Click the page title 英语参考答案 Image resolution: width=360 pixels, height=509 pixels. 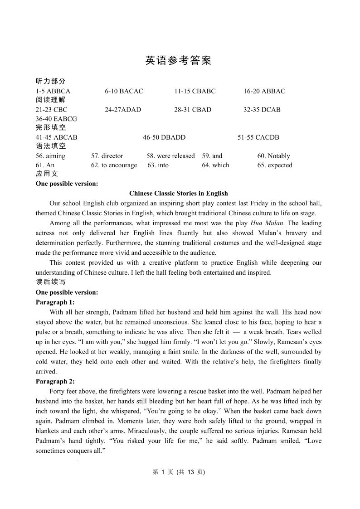click(178, 61)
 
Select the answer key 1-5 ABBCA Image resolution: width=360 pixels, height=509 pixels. click(53, 91)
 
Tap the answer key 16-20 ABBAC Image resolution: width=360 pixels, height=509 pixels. click(264, 91)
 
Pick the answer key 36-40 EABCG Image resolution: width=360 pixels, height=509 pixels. click(56, 119)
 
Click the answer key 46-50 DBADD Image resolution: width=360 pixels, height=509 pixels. click(164, 137)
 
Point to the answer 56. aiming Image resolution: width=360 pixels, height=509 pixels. click(50, 156)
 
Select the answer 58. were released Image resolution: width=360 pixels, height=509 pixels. click(170, 156)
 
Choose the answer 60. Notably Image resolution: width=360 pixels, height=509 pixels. click(273, 156)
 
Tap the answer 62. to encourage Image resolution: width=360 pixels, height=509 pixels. click(114, 165)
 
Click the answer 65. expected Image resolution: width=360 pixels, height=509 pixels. click(275, 165)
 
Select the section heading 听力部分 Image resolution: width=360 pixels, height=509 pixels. click(51, 82)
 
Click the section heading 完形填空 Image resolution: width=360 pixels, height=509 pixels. click(51, 128)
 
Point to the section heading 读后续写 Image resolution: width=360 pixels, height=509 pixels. click(51, 282)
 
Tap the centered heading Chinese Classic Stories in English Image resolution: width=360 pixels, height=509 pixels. click(179, 194)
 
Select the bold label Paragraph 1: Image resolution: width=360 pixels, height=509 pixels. click(55, 302)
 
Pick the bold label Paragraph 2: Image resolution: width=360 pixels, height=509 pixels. click(55, 381)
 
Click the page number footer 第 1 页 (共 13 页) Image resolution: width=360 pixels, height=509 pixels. click(179, 472)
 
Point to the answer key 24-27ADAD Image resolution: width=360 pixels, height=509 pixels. click(123, 110)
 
